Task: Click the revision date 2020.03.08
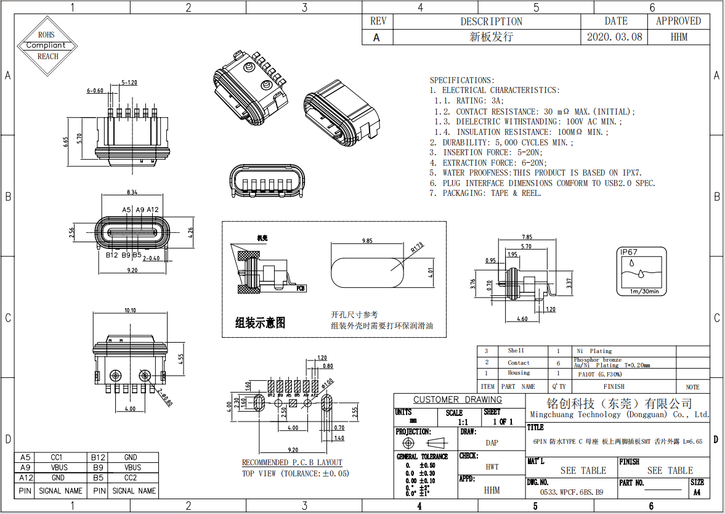(614, 37)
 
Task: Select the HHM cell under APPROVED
(678, 37)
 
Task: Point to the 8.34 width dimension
(131, 192)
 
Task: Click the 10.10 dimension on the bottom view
(130, 311)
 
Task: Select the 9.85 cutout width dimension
(368, 240)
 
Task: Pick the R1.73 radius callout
(416, 248)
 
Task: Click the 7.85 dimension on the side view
(527, 237)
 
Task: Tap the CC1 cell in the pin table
(56, 458)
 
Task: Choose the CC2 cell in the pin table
(130, 478)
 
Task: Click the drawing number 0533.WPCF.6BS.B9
(571, 492)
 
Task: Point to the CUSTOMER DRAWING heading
(457, 399)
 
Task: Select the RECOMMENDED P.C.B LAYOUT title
(291, 462)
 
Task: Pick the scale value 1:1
(463, 422)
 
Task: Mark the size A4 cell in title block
(697, 492)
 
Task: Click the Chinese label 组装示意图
(260, 323)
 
